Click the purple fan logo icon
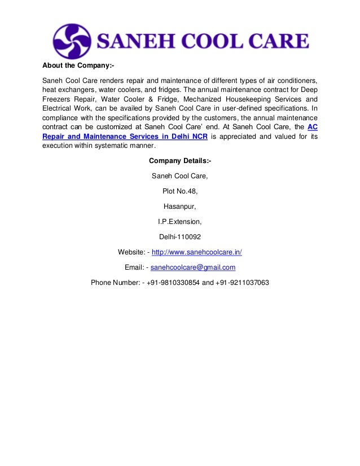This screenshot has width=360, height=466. click(72, 41)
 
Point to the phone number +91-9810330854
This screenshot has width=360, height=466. click(173, 283)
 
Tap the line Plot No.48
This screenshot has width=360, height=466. click(180, 191)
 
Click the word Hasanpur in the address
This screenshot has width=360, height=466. click(180, 206)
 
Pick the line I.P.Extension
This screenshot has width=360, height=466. click(180, 222)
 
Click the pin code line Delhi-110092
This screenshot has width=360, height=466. click(180, 237)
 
